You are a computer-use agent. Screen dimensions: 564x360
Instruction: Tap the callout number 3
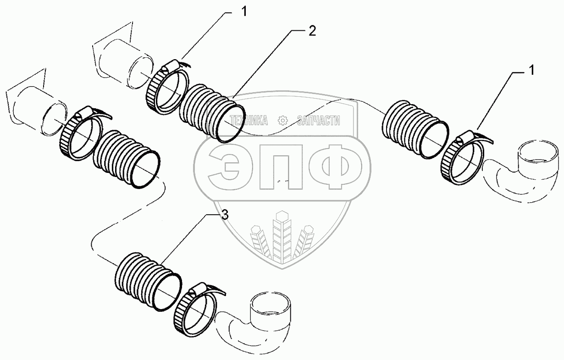pos(224,216)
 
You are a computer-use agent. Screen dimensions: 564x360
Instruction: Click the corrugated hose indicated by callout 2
pos(210,112)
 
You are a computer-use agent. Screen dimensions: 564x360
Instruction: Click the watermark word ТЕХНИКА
pos(249,120)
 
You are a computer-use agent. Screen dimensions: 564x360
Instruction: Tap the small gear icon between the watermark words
pos(282,120)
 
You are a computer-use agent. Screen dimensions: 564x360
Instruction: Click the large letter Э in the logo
pos(225,168)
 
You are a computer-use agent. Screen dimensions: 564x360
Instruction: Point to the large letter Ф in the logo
pos(337,168)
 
